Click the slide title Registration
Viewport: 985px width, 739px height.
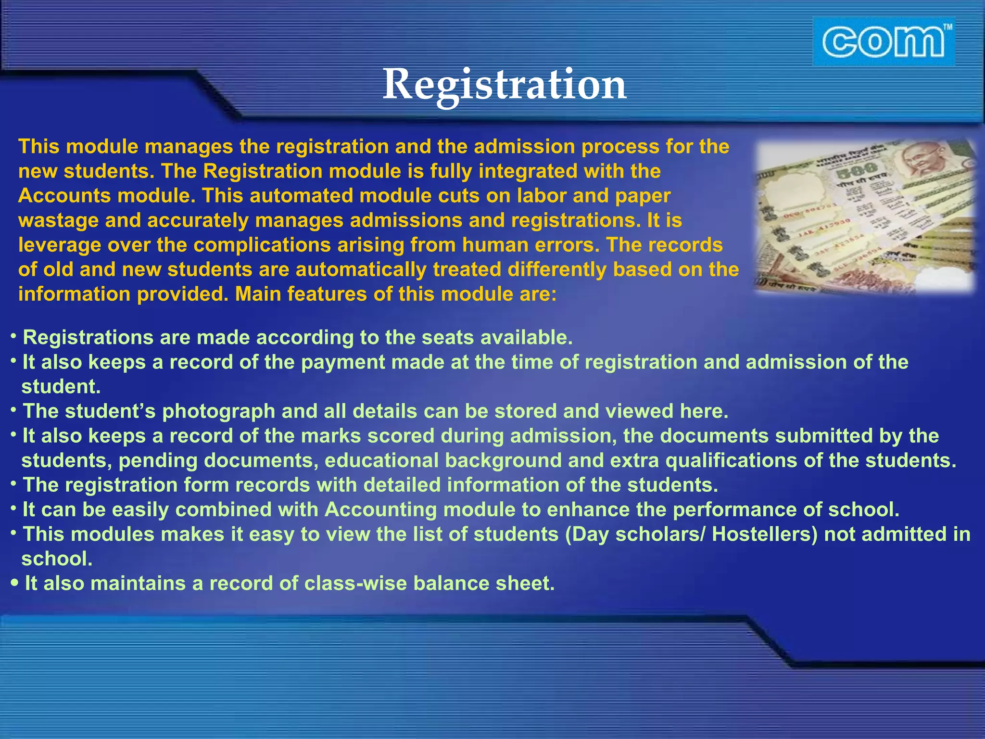(504, 84)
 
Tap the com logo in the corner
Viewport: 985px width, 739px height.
(883, 41)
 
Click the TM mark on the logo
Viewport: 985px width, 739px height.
(947, 27)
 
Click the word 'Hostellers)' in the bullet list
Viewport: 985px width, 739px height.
(764, 534)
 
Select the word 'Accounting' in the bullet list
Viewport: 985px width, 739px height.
(380, 510)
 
